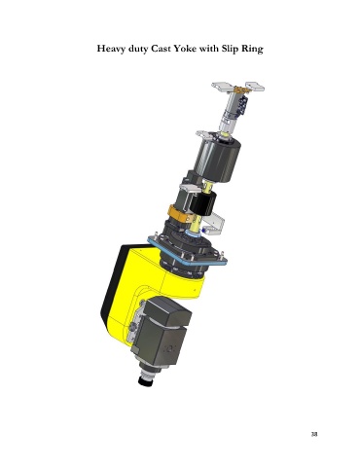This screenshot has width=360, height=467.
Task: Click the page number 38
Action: click(314, 434)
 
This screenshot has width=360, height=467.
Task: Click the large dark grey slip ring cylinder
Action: click(217, 159)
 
